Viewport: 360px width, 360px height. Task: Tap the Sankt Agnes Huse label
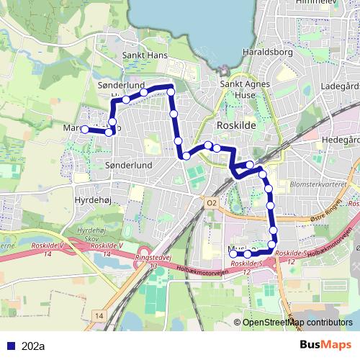(x=240, y=89)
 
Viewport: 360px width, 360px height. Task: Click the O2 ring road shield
(x=211, y=203)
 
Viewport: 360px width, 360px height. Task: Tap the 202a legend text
(x=33, y=346)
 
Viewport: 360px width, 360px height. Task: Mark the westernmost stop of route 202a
(x=84, y=130)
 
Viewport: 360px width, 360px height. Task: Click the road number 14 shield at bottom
(x=99, y=316)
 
